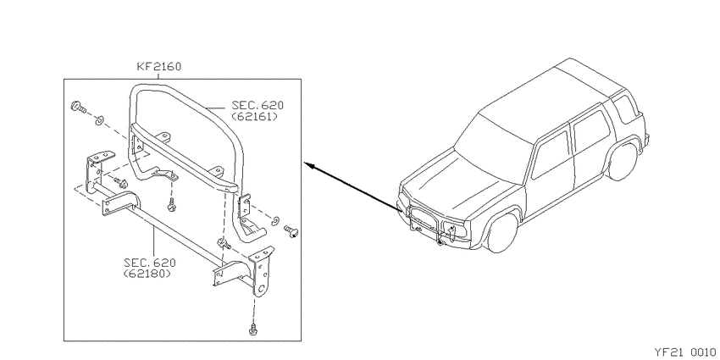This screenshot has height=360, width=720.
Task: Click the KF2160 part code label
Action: pos(159,67)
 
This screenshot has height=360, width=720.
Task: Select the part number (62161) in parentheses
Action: pos(254,116)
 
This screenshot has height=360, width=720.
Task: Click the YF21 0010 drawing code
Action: pos(684,352)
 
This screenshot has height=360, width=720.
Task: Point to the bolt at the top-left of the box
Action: pos(79,108)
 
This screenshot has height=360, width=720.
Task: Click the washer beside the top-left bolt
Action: pos(99,121)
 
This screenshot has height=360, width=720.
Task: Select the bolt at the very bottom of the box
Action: pos(252,330)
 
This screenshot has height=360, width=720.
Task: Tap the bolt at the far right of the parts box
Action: pos(291,231)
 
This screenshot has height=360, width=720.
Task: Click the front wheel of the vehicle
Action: pos(503,232)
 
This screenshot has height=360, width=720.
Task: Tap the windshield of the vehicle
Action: pos(495,136)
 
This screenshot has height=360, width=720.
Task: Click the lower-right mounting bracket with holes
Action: pos(261,271)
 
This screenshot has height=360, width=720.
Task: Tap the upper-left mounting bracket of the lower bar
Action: pos(98,167)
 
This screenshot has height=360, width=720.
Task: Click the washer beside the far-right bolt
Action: pos(275,221)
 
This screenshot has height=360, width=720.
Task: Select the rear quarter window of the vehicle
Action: pos(626,109)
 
